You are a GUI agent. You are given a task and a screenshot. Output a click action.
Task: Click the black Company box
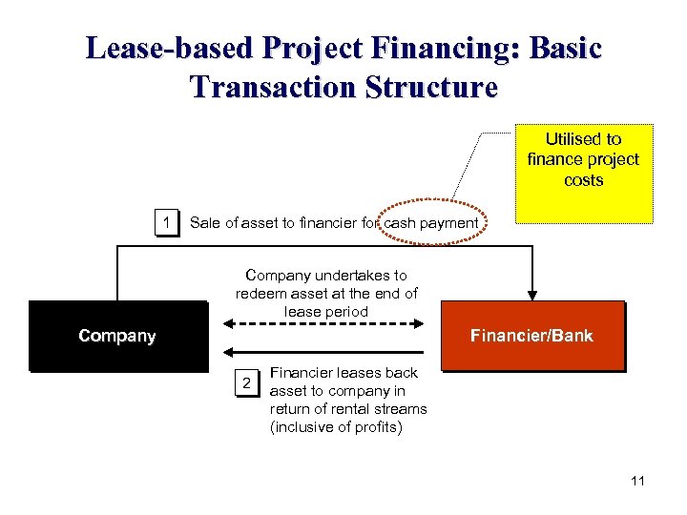[x=117, y=336]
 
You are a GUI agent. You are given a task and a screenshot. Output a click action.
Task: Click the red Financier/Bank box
[x=531, y=336]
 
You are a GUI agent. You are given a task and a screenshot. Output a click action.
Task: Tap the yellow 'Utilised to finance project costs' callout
[x=583, y=173]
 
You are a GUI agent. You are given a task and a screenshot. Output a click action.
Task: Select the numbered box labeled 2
[x=247, y=383]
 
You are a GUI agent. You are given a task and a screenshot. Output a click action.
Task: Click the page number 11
[x=637, y=481]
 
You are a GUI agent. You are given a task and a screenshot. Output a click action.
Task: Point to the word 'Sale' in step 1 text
[x=204, y=223]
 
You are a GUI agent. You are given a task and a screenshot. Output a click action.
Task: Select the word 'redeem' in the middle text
[x=260, y=293]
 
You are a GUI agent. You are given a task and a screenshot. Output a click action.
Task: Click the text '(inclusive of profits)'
[x=336, y=426]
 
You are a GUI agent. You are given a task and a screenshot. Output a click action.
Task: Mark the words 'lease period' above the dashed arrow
[x=326, y=311]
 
